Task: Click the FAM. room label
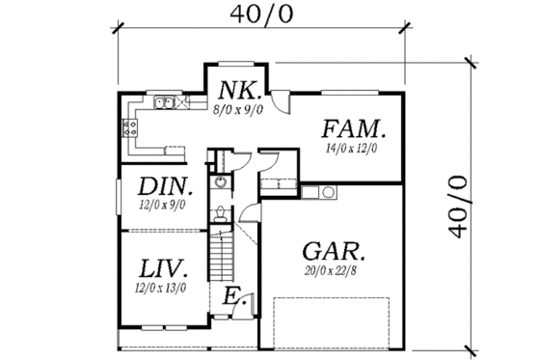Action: click(355, 128)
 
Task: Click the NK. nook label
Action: click(235, 90)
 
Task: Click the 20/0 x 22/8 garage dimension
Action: click(331, 272)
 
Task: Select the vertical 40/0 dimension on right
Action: click(461, 206)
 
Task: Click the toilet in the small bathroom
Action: click(221, 212)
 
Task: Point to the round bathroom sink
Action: click(221, 181)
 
